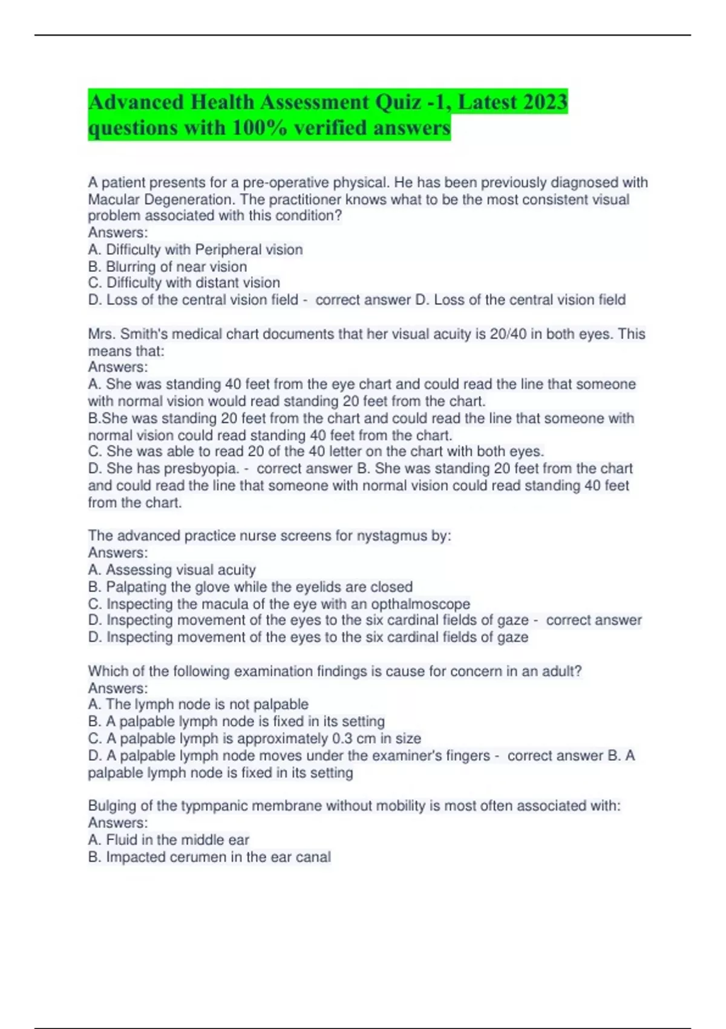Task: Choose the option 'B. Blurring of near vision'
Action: click(x=168, y=266)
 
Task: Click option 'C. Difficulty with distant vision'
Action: click(x=184, y=283)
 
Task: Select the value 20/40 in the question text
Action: click(x=507, y=334)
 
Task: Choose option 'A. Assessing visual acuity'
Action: click(x=172, y=570)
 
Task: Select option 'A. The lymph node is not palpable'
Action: click(x=198, y=704)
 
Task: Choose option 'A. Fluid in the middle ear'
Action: click(x=169, y=840)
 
